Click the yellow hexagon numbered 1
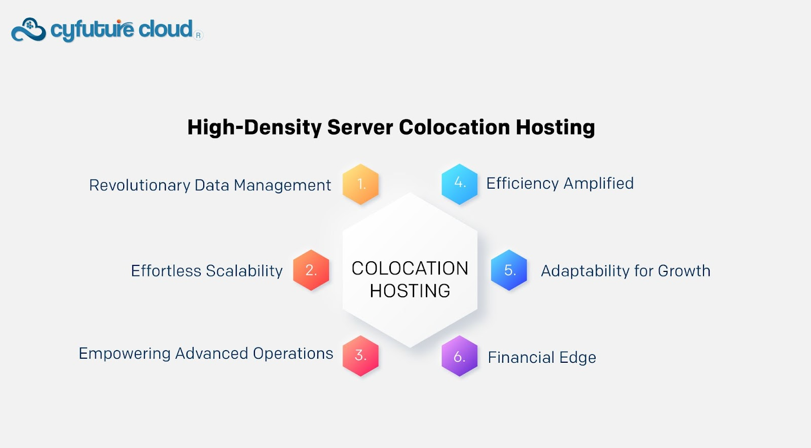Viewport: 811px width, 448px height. pyautogui.click(x=360, y=184)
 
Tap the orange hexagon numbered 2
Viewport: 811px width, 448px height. pyautogui.click(x=311, y=270)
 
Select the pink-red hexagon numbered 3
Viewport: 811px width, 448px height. pyautogui.click(x=360, y=356)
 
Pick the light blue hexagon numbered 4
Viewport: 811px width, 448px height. pyautogui.click(x=459, y=184)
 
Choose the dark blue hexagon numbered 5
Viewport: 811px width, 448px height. pyautogui.click(x=509, y=270)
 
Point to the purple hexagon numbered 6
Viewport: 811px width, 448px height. pyautogui.click(x=459, y=356)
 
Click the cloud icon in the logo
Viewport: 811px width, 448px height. pyautogui.click(x=28, y=30)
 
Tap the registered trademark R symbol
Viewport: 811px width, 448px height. pyautogui.click(x=198, y=35)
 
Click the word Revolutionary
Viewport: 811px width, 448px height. pyautogui.click(x=140, y=185)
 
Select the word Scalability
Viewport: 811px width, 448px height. pyautogui.click(x=244, y=271)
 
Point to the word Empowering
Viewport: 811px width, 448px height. pyautogui.click(x=125, y=354)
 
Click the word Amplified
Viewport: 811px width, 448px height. pyautogui.click(x=599, y=183)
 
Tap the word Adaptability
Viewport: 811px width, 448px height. pyautogui.click(x=584, y=271)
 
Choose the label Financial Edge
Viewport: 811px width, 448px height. pyautogui.click(x=542, y=357)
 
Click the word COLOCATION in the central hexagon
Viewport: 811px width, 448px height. pyautogui.click(x=410, y=268)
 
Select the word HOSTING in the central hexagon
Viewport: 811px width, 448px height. pyautogui.click(x=410, y=291)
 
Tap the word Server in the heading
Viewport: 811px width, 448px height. pyautogui.click(x=360, y=127)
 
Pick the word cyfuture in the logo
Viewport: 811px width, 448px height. pyautogui.click(x=92, y=30)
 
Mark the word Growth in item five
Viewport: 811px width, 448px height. pyautogui.click(x=684, y=271)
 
